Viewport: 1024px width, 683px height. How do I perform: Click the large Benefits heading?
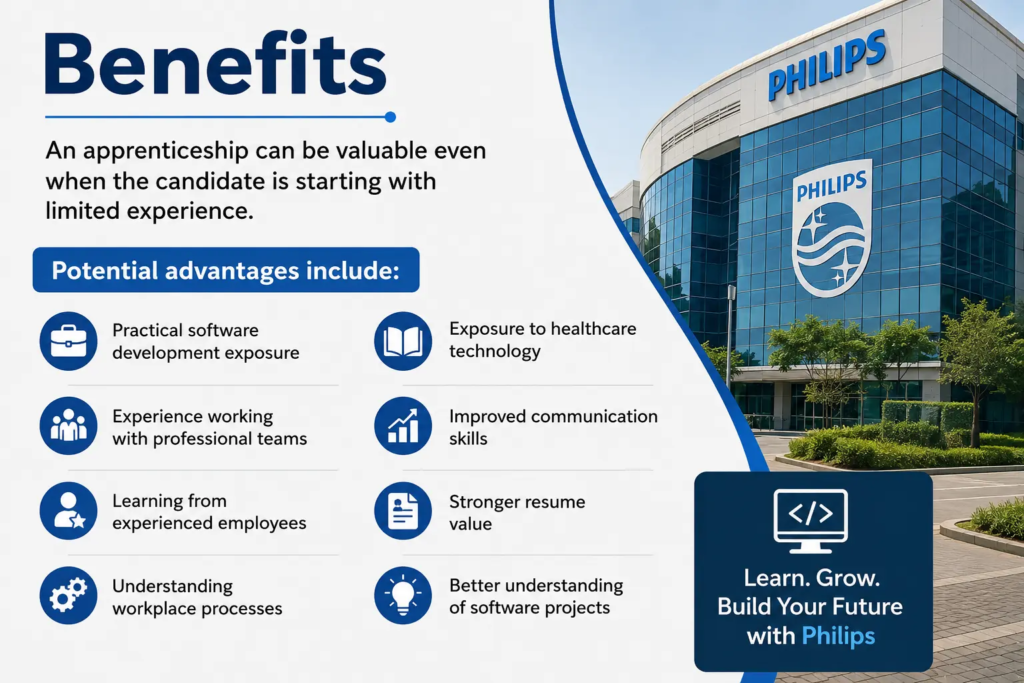coord(215,64)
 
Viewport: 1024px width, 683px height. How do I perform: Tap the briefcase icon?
coord(69,341)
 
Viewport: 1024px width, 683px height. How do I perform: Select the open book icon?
coord(403,341)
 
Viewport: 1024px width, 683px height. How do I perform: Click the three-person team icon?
coord(69,426)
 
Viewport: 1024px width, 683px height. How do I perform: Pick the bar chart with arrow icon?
coord(403,426)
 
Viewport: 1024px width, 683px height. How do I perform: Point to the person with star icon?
coord(69,511)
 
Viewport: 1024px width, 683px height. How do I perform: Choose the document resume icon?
coord(403,511)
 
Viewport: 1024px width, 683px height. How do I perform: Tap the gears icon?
coord(69,595)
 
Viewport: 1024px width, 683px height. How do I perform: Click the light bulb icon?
coord(403,595)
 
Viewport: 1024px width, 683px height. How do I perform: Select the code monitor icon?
coord(810,520)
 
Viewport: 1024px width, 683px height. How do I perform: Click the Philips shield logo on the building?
coord(832,228)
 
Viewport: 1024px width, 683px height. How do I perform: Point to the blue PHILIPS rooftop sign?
coord(827,65)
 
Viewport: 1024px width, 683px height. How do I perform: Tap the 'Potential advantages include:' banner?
coord(226,270)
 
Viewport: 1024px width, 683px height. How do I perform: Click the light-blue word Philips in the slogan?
coord(838,635)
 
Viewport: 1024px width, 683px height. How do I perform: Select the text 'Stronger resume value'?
coord(517,513)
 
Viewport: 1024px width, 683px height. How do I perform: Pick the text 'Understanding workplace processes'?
coord(197,597)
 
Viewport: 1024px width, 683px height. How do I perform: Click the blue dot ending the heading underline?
coord(391,117)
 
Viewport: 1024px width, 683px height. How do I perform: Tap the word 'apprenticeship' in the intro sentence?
coord(166,151)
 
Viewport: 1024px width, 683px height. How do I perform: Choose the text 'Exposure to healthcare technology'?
coord(542,340)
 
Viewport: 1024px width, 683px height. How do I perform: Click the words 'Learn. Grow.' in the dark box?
coord(812,578)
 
